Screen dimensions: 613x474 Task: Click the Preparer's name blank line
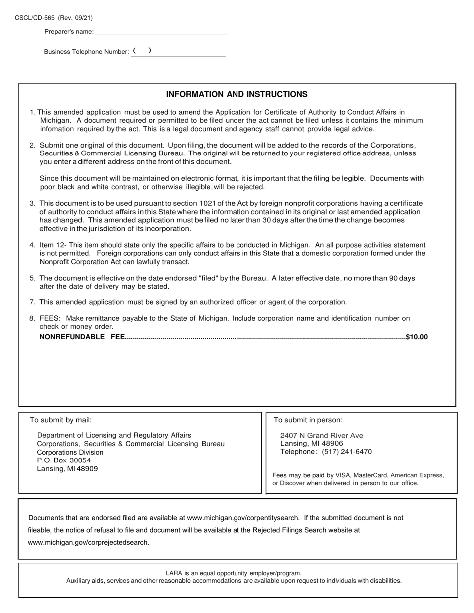tap(161, 32)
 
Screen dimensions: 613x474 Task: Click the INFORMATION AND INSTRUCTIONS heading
tap(237, 94)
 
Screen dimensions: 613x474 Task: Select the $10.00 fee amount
tap(417, 337)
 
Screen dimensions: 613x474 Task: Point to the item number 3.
tap(32, 203)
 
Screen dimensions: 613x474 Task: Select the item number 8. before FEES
tap(32, 318)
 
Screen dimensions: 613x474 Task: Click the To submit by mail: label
tap(61, 420)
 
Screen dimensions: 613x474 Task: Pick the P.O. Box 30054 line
tap(64, 460)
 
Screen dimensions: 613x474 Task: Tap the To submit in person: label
tap(308, 420)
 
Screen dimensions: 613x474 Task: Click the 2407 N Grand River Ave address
tap(322, 435)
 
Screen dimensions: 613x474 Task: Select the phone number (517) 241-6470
tap(347, 452)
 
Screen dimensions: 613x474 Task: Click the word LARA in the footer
tap(174, 573)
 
